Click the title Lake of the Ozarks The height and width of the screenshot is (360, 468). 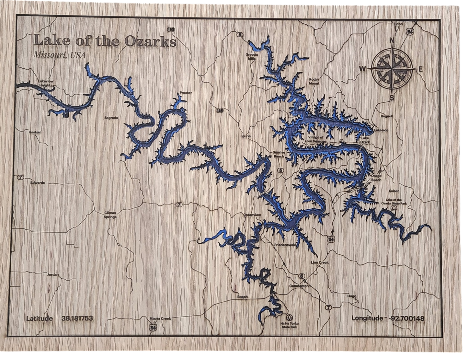[105, 42]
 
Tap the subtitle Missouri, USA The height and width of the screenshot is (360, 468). [59, 55]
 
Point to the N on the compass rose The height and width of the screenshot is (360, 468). [391, 40]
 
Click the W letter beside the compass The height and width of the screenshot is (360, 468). [362, 68]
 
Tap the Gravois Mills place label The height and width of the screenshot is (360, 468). [252, 57]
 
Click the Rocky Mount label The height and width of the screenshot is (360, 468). [314, 81]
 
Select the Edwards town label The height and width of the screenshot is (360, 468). [38, 183]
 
